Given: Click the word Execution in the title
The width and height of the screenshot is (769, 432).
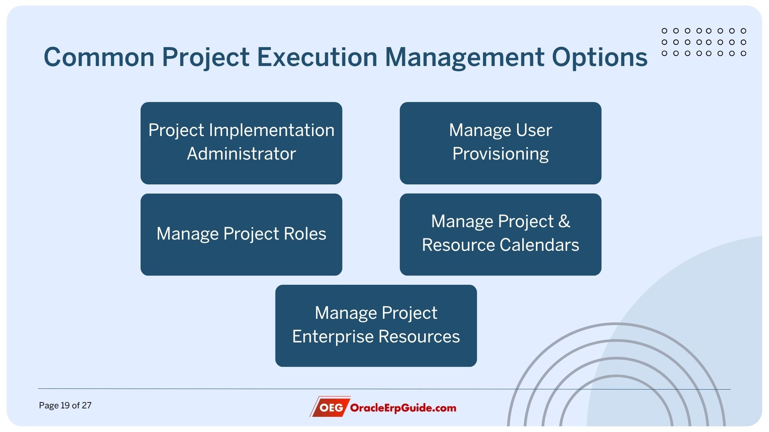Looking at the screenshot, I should (317, 57).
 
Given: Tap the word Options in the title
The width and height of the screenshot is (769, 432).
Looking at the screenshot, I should (600, 57).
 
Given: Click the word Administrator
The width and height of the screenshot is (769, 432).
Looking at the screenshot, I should (241, 154).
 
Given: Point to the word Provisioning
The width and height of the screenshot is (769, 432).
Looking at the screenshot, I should (500, 154).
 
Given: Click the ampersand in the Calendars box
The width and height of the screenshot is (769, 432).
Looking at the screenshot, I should (564, 221).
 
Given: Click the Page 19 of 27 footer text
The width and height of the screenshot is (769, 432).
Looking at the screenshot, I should (65, 405).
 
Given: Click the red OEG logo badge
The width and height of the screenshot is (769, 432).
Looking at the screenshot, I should (330, 407).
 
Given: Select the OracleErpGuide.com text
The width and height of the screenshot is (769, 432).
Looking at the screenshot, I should (403, 408).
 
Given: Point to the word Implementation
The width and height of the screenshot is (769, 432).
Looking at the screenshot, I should (271, 130).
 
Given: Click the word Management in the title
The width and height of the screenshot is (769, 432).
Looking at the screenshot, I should (465, 57).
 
